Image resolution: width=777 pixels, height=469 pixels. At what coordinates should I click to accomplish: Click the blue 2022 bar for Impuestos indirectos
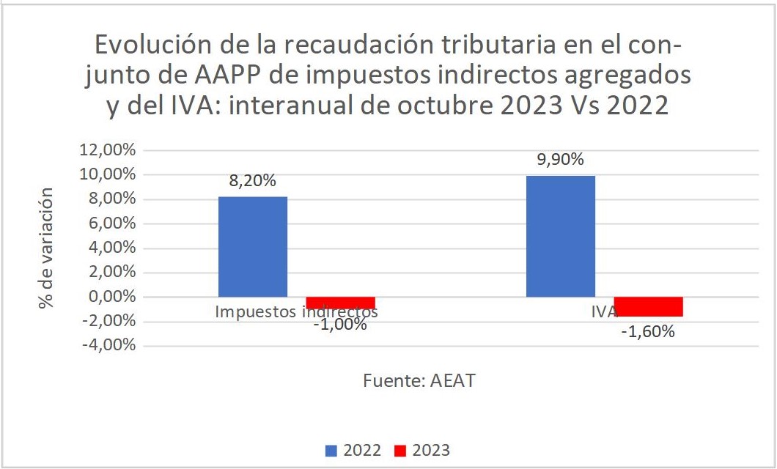click(253, 247)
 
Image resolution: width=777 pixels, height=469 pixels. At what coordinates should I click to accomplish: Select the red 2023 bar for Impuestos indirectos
click(340, 303)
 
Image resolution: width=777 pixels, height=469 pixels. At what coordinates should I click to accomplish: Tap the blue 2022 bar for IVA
click(561, 236)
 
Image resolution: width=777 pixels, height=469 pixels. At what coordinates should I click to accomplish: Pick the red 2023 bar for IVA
click(648, 306)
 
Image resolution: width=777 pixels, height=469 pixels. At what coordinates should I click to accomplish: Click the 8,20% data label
click(252, 182)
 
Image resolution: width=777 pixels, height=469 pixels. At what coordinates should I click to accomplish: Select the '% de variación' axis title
click(47, 247)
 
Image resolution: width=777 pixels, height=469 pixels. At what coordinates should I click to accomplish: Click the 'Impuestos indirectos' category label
click(296, 311)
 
